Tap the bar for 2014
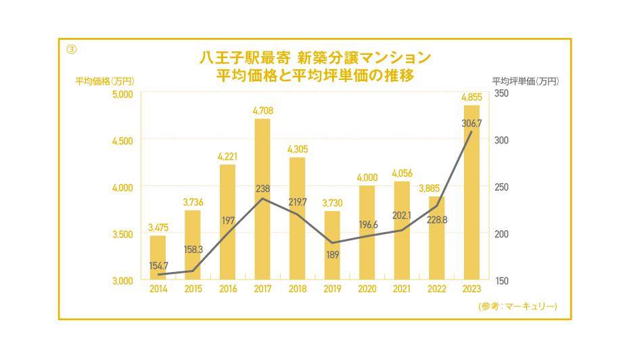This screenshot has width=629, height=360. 158,257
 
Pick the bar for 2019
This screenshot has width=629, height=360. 332,245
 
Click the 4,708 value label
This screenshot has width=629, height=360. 262,110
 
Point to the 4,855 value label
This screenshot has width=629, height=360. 471,97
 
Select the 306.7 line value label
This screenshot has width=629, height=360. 471,123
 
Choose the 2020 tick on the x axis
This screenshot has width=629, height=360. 367,289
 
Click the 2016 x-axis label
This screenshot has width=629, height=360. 228,289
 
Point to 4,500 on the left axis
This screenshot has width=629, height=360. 123,140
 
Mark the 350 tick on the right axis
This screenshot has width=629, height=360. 502,93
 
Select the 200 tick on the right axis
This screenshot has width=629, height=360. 502,233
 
